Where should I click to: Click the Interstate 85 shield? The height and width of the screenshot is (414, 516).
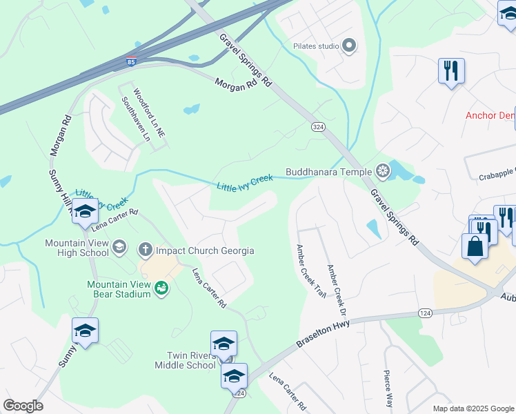coord(131,61)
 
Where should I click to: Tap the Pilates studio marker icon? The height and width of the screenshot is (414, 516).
coord(349,46)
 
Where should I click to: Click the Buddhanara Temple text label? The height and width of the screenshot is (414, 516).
coord(329,170)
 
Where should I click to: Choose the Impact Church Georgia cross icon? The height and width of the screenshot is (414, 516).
coord(146,248)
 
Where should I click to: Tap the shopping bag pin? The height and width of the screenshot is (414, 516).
coord(475,246)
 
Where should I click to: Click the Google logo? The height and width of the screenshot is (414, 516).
coord(23,406)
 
